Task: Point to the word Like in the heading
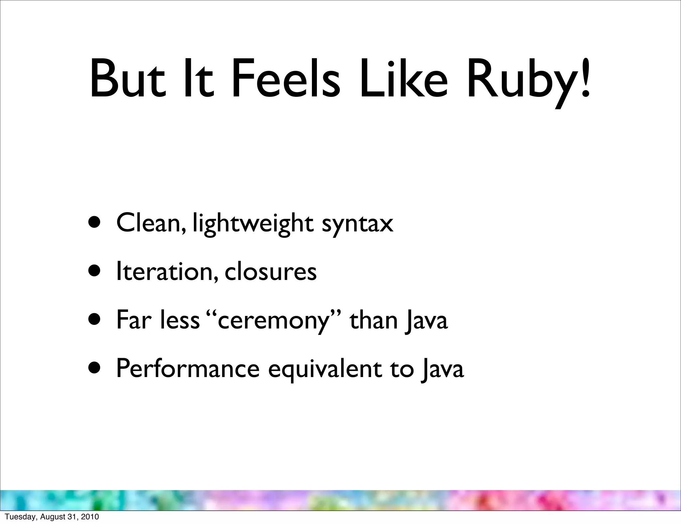(x=404, y=80)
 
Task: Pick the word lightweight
(x=253, y=224)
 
